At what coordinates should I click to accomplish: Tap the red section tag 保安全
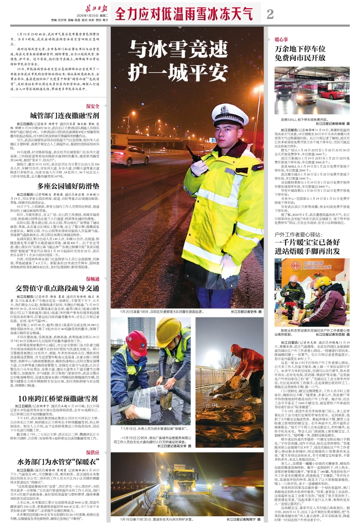[x=92, y=106]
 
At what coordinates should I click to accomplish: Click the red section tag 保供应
[x=92, y=452]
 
